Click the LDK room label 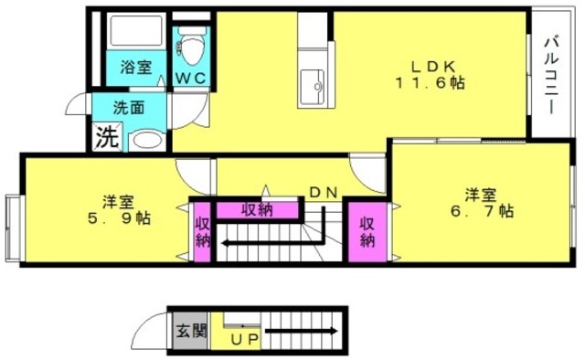point(433,67)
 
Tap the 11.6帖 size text point(431,83)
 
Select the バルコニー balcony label point(551,75)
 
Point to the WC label point(191,79)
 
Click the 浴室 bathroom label point(136,68)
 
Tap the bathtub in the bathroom point(136,31)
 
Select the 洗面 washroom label point(129,108)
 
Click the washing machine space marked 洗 point(107,137)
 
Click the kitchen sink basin point(312,87)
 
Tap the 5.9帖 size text point(120,217)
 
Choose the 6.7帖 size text point(482,211)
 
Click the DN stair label point(324,193)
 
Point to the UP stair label point(244,339)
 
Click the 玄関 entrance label point(191,331)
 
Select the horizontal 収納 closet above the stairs point(258,210)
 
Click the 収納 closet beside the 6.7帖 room point(367,232)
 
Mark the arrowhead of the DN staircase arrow point(226,244)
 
